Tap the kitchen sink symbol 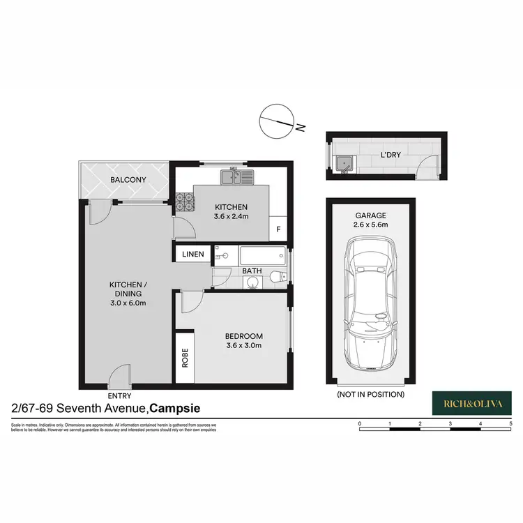(234, 177)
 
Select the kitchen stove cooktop (183, 201)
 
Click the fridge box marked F (278, 228)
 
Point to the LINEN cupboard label (193, 255)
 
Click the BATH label (252, 271)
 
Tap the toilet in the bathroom (280, 278)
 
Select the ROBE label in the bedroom (185, 358)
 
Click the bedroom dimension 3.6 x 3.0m (243, 344)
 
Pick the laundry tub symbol (343, 164)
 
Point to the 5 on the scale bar (511, 423)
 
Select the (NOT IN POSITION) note (370, 395)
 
